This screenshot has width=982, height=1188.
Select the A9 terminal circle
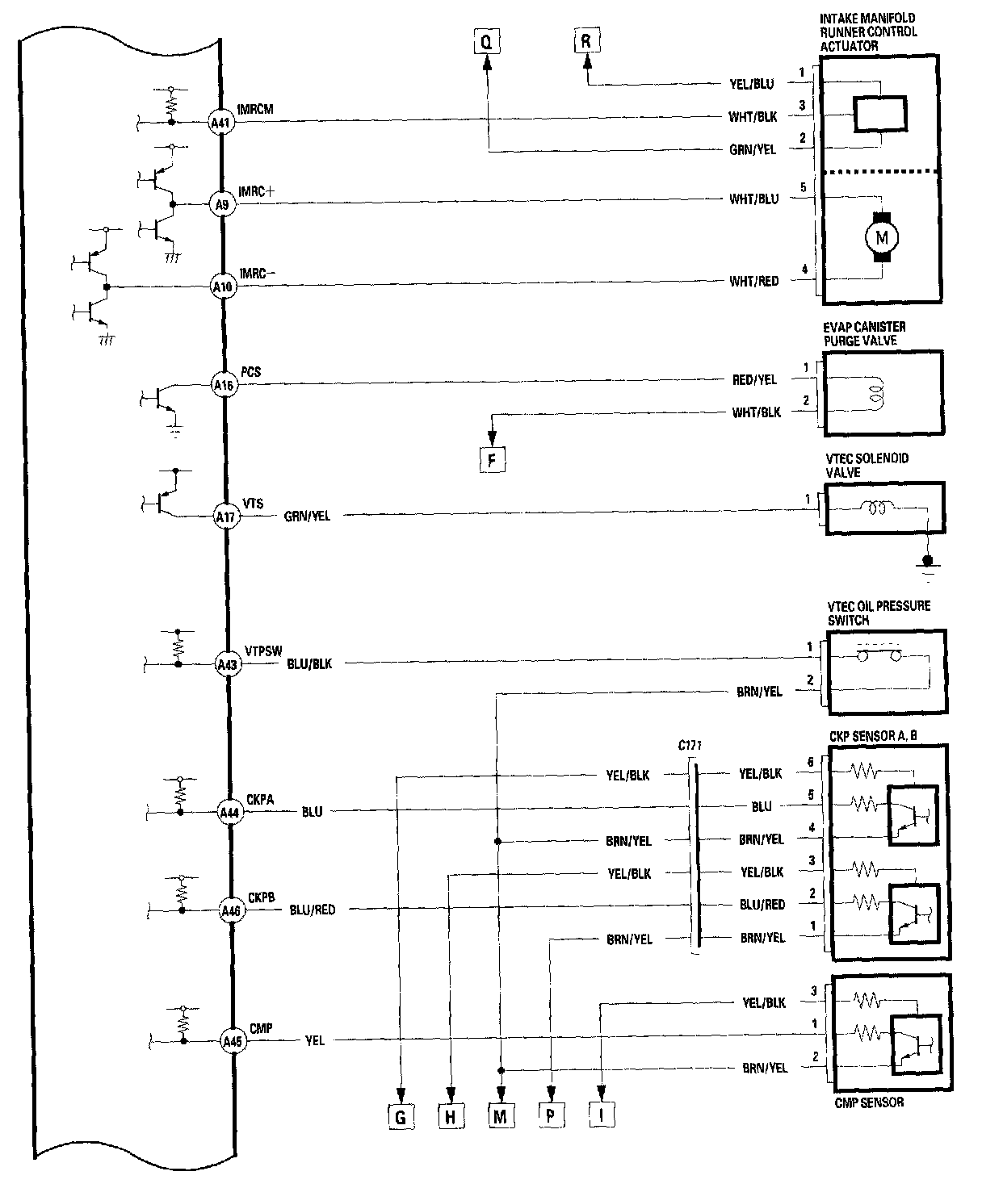[222, 205]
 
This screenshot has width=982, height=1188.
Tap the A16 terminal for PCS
[224, 385]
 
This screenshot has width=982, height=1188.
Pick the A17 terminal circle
[226, 515]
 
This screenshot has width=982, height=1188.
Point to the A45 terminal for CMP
[232, 1041]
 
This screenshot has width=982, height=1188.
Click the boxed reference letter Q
[485, 41]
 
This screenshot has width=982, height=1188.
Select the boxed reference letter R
[586, 41]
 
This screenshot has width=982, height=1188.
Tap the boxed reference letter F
[492, 460]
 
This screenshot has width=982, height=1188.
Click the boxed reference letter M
[501, 1116]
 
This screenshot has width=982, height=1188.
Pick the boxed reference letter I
[602, 1116]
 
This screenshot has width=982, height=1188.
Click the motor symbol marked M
[881, 237]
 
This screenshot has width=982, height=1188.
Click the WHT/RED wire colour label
[754, 281]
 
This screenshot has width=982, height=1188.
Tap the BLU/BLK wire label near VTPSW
[309, 664]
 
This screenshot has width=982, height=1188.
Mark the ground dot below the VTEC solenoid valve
[928, 560]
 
